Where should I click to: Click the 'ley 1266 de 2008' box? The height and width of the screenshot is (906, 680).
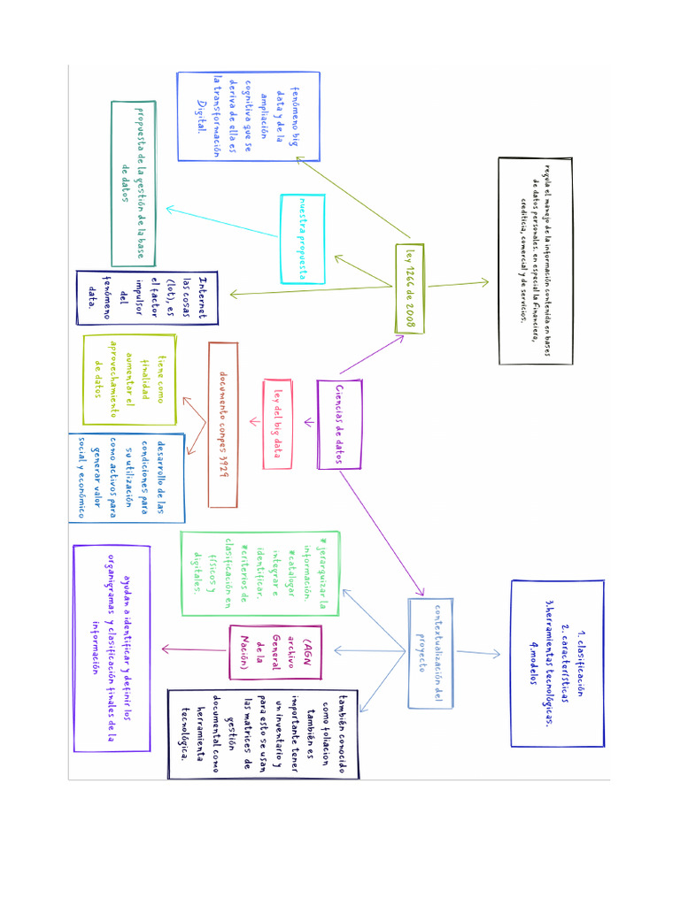[x=410, y=288]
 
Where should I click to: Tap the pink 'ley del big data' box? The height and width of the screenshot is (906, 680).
[x=277, y=424]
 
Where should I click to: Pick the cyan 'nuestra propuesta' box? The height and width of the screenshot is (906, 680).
[x=302, y=239]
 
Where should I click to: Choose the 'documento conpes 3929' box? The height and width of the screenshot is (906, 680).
[x=223, y=425]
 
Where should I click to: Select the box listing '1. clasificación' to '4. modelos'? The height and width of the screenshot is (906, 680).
[x=557, y=664]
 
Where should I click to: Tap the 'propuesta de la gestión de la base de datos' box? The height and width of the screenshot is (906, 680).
[x=134, y=183]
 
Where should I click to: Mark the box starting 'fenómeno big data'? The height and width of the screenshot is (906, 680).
[x=236, y=116]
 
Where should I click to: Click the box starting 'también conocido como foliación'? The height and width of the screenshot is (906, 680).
[x=262, y=734]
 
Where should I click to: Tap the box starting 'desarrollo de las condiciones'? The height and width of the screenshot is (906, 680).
[x=126, y=478]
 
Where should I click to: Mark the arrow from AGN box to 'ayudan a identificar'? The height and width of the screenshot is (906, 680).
[x=194, y=651]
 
